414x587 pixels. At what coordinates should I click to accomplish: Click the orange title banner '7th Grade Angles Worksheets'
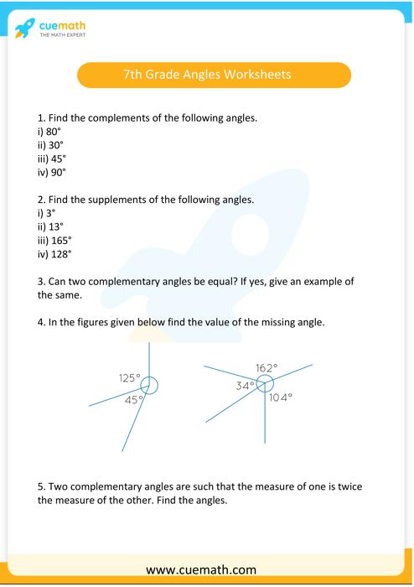pyautogui.click(x=214, y=75)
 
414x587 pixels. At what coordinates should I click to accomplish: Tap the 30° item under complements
pyautogui.click(x=54, y=145)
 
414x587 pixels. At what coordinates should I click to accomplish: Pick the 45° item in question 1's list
pyautogui.click(x=56, y=158)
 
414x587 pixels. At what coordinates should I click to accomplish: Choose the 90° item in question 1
pyautogui.click(x=56, y=172)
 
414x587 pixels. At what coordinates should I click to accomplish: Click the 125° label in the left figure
pyautogui.click(x=130, y=378)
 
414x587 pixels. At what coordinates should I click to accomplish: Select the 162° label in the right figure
pyautogui.click(x=267, y=367)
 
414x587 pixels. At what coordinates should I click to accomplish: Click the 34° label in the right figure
pyautogui.click(x=245, y=386)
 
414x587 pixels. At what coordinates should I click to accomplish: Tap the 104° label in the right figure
pyautogui.click(x=281, y=397)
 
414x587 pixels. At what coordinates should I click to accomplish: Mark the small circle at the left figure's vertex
pyautogui.click(x=149, y=386)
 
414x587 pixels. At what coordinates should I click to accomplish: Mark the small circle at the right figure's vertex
pyautogui.click(x=265, y=383)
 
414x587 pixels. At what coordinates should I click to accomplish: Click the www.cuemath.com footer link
pyautogui.click(x=206, y=569)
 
